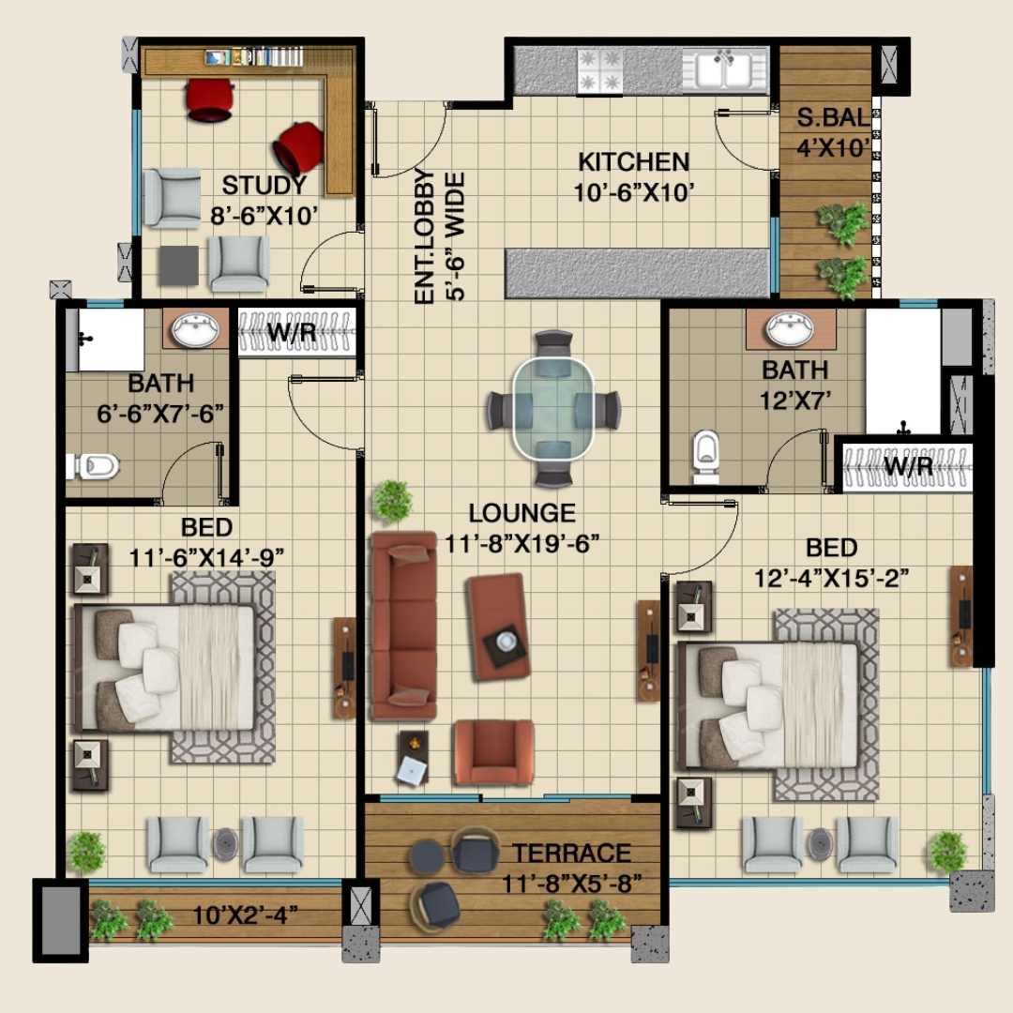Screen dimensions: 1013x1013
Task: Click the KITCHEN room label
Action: point(634,161)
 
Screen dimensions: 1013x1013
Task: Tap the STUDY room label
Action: point(265,186)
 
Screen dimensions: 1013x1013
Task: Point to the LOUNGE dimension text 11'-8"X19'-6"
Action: point(522,543)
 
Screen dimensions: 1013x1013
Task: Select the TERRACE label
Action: point(572,854)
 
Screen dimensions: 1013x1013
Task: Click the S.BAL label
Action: point(833,117)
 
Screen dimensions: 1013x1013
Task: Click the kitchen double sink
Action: point(724,69)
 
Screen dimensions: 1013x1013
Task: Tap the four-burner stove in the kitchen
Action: point(599,70)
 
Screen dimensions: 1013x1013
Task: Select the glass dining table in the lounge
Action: point(553,409)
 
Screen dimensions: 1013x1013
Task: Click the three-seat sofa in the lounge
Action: point(403,626)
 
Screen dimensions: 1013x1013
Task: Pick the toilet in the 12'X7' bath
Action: point(706,457)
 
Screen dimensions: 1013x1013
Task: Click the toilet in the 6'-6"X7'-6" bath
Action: point(94,466)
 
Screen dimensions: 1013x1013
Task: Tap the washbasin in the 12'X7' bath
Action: point(790,329)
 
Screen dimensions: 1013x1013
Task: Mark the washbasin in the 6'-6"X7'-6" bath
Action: point(195,329)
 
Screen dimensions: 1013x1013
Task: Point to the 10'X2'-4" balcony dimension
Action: point(246,915)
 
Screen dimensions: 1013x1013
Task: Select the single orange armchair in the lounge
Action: point(494,752)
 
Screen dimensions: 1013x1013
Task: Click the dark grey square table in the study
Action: point(178,265)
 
